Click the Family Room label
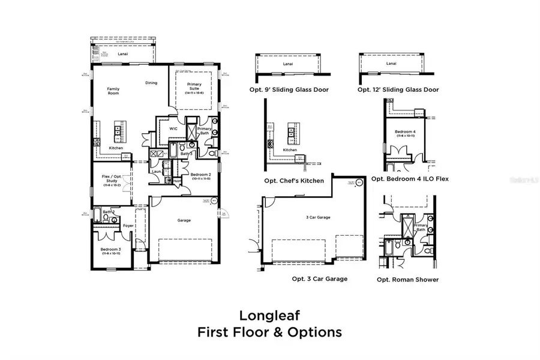point(113,91)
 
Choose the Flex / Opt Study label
point(112,178)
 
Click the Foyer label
point(128,226)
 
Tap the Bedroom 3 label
point(111,251)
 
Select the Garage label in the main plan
point(184,220)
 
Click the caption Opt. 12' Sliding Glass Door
point(398,89)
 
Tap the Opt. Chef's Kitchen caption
point(294,180)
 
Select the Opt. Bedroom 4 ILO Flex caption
point(410,178)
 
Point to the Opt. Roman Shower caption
point(407,279)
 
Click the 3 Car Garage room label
point(319,217)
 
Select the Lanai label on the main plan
point(124,53)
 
